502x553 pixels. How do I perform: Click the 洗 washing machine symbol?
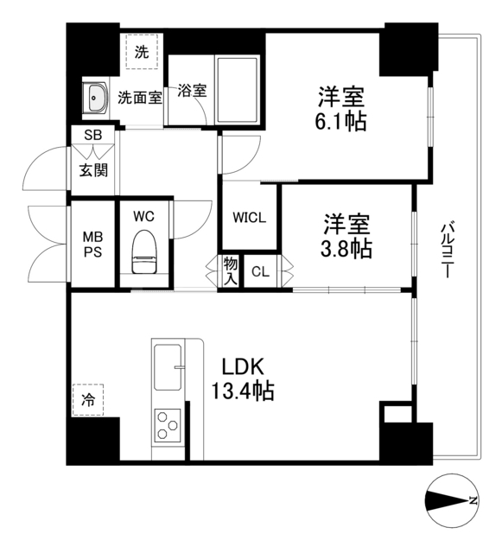coord(142,50)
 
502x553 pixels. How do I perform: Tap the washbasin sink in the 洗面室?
coord(95,99)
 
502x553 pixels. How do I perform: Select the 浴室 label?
coord(192,90)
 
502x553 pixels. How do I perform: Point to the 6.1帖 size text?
coord(340,121)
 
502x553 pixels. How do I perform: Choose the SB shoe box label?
coord(92,136)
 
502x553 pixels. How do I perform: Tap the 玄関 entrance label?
coord(93,169)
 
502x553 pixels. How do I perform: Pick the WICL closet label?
coord(248,218)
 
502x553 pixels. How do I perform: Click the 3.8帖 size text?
coord(347,250)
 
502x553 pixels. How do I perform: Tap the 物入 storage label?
coord(230,270)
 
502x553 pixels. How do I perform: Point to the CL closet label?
coord(260,273)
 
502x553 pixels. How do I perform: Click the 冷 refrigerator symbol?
coord(88,399)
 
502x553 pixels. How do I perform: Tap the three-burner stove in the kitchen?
coord(167,426)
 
